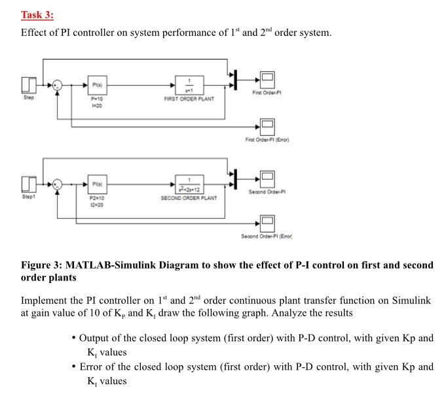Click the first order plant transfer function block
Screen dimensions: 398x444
[189, 86]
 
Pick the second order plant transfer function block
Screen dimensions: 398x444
[189, 184]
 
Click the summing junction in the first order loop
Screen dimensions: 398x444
[58, 86]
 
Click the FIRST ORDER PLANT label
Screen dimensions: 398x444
[189, 99]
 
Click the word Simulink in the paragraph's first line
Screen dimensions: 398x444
[412, 301]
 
